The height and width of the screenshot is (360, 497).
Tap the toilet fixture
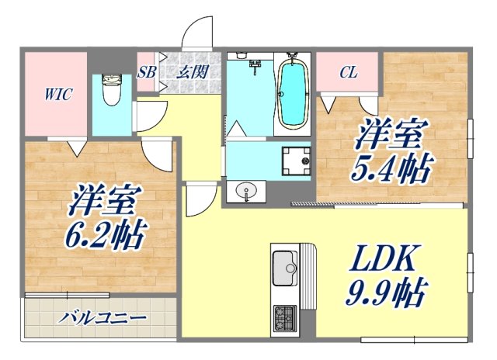point(111,91)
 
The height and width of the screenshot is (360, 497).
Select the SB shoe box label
point(145,73)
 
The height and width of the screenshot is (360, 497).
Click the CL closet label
point(349,73)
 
